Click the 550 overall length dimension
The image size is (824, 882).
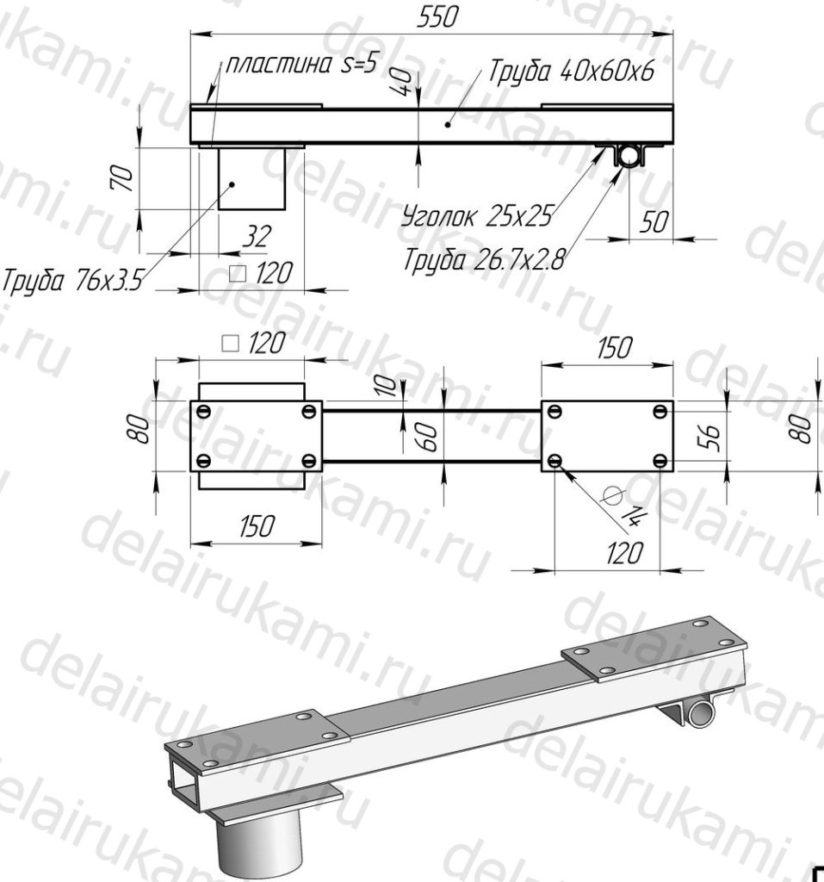click(x=437, y=17)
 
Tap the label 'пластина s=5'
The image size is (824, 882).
click(x=300, y=65)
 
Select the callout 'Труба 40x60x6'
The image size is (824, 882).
click(x=572, y=71)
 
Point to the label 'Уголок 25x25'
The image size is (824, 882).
click(x=477, y=215)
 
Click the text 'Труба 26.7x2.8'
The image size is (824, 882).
click(x=484, y=260)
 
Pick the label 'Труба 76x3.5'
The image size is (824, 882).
click(x=73, y=280)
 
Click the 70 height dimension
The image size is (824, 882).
click(x=123, y=178)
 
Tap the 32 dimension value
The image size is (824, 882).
click(x=257, y=237)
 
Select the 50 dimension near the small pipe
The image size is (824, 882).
click(x=654, y=222)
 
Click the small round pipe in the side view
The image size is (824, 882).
click(x=629, y=155)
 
